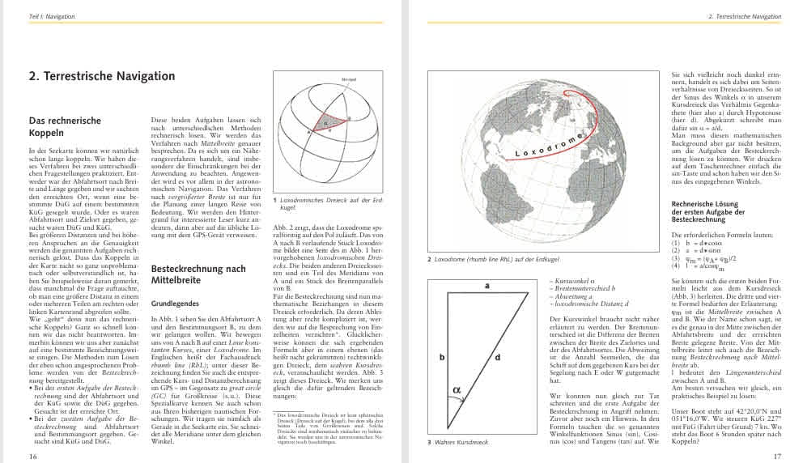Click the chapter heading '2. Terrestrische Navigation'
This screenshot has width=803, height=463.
tap(101, 76)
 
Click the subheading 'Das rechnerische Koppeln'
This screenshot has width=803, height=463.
tap(65, 126)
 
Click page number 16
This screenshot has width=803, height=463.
tap(33, 456)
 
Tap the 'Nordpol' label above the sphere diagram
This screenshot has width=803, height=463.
tap(327, 80)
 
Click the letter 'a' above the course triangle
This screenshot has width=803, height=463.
tap(487, 286)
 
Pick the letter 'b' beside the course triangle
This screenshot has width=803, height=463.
tap(442, 355)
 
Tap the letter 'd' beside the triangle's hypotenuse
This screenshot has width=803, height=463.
tap(497, 356)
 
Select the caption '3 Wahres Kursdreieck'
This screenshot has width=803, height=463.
tap(458, 443)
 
